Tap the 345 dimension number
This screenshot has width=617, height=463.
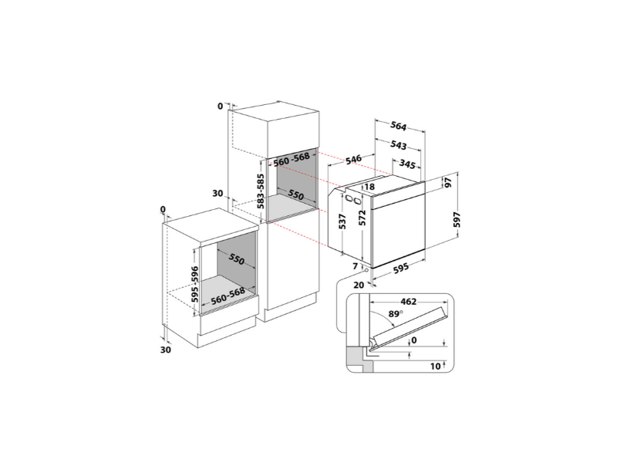(x=410, y=164)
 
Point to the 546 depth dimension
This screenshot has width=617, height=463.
(x=353, y=160)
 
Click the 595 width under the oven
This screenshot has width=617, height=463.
(x=396, y=270)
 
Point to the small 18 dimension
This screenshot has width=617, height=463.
(x=369, y=187)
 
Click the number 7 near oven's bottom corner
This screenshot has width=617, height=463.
(x=356, y=266)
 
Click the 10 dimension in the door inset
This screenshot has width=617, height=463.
(x=437, y=365)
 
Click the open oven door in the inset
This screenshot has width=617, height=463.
(x=409, y=330)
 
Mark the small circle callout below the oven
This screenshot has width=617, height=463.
(x=365, y=271)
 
